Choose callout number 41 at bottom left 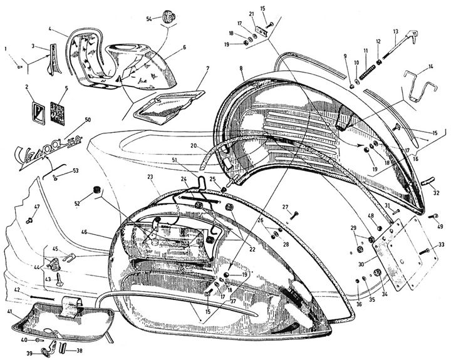[9, 311]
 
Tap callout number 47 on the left [37, 207]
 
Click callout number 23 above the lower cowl [150, 177]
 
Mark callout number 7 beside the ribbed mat [207, 68]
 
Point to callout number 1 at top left [7, 48]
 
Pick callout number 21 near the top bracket [251, 14]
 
